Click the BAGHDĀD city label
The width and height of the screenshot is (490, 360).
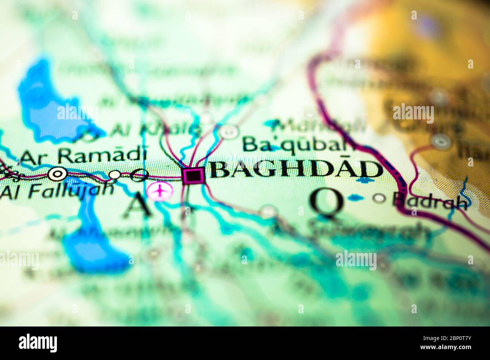[296, 170]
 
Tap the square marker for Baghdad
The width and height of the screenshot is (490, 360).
[193, 175]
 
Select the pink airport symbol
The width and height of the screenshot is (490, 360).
[160, 191]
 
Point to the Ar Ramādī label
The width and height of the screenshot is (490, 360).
[83, 155]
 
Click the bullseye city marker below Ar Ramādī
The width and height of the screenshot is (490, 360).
[58, 174]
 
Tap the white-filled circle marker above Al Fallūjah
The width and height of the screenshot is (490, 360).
[115, 174]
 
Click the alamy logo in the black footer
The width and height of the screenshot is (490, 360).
[38, 343]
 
